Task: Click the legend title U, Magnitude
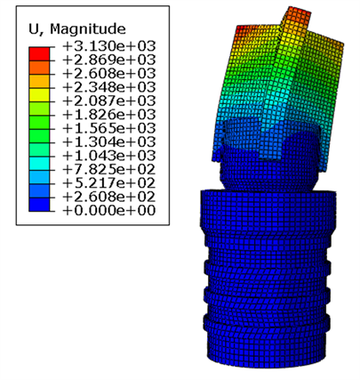pos(77,29)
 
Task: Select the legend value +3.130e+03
pos(109,46)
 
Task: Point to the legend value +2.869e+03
pos(109,60)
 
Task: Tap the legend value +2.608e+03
pos(109,74)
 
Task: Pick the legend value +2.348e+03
pos(109,87)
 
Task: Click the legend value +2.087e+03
pos(109,101)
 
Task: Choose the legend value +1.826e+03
pos(109,115)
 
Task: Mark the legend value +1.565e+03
pos(109,128)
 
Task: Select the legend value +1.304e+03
pos(109,142)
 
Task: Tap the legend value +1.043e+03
pos(109,156)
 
